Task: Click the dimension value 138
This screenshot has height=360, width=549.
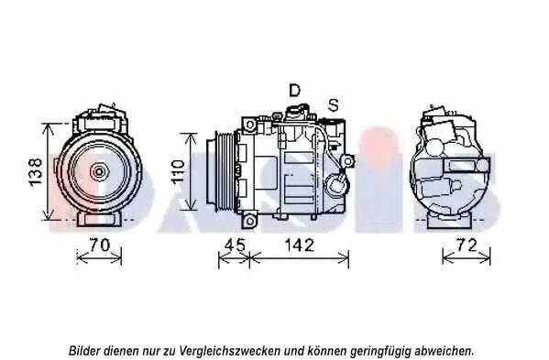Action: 36,172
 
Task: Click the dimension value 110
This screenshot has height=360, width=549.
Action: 178,171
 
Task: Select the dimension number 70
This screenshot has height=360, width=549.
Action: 100,245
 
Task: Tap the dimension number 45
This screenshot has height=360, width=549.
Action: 235,245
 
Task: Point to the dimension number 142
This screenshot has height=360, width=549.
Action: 300,245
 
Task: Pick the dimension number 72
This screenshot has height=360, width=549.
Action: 467,245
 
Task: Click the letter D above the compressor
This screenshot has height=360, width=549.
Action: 294,91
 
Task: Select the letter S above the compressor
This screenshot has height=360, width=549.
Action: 334,105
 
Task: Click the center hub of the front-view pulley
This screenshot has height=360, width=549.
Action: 99,171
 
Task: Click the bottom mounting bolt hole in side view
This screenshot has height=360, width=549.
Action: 250,221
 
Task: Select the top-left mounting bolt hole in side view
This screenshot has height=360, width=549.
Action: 250,125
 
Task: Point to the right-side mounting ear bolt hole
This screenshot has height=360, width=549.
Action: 347,161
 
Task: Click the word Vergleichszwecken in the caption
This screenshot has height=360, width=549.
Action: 230,350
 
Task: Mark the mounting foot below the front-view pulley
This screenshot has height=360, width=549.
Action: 99,220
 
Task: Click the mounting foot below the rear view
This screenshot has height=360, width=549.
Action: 451,222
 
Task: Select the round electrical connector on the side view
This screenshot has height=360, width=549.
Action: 337,183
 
